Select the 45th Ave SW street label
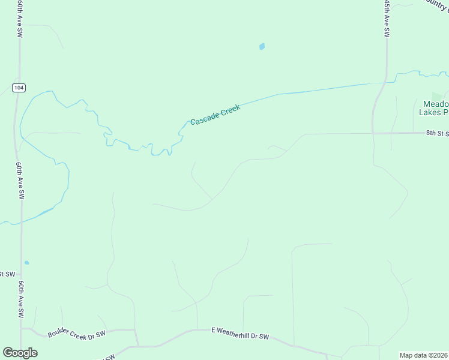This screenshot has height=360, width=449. [387, 20]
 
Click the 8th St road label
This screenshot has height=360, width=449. [437, 133]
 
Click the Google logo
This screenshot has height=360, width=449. [20, 353]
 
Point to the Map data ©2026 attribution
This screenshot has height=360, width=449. [424, 355]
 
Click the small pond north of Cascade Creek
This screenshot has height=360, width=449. [262, 46]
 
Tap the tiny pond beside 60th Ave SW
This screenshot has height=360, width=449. [26, 262]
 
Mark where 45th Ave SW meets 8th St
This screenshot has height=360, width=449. [373, 133]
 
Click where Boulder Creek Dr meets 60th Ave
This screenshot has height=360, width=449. [22, 328]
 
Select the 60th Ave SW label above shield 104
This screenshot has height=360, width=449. [20, 20]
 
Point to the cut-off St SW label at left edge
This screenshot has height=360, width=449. [7, 274]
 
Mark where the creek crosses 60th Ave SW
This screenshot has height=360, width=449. [20, 221]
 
